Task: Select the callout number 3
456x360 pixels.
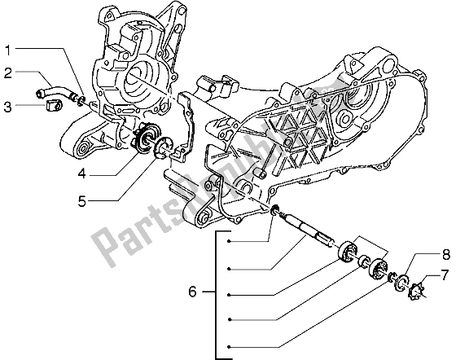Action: (x=8, y=107)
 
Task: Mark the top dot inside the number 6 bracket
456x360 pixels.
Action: (x=230, y=242)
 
